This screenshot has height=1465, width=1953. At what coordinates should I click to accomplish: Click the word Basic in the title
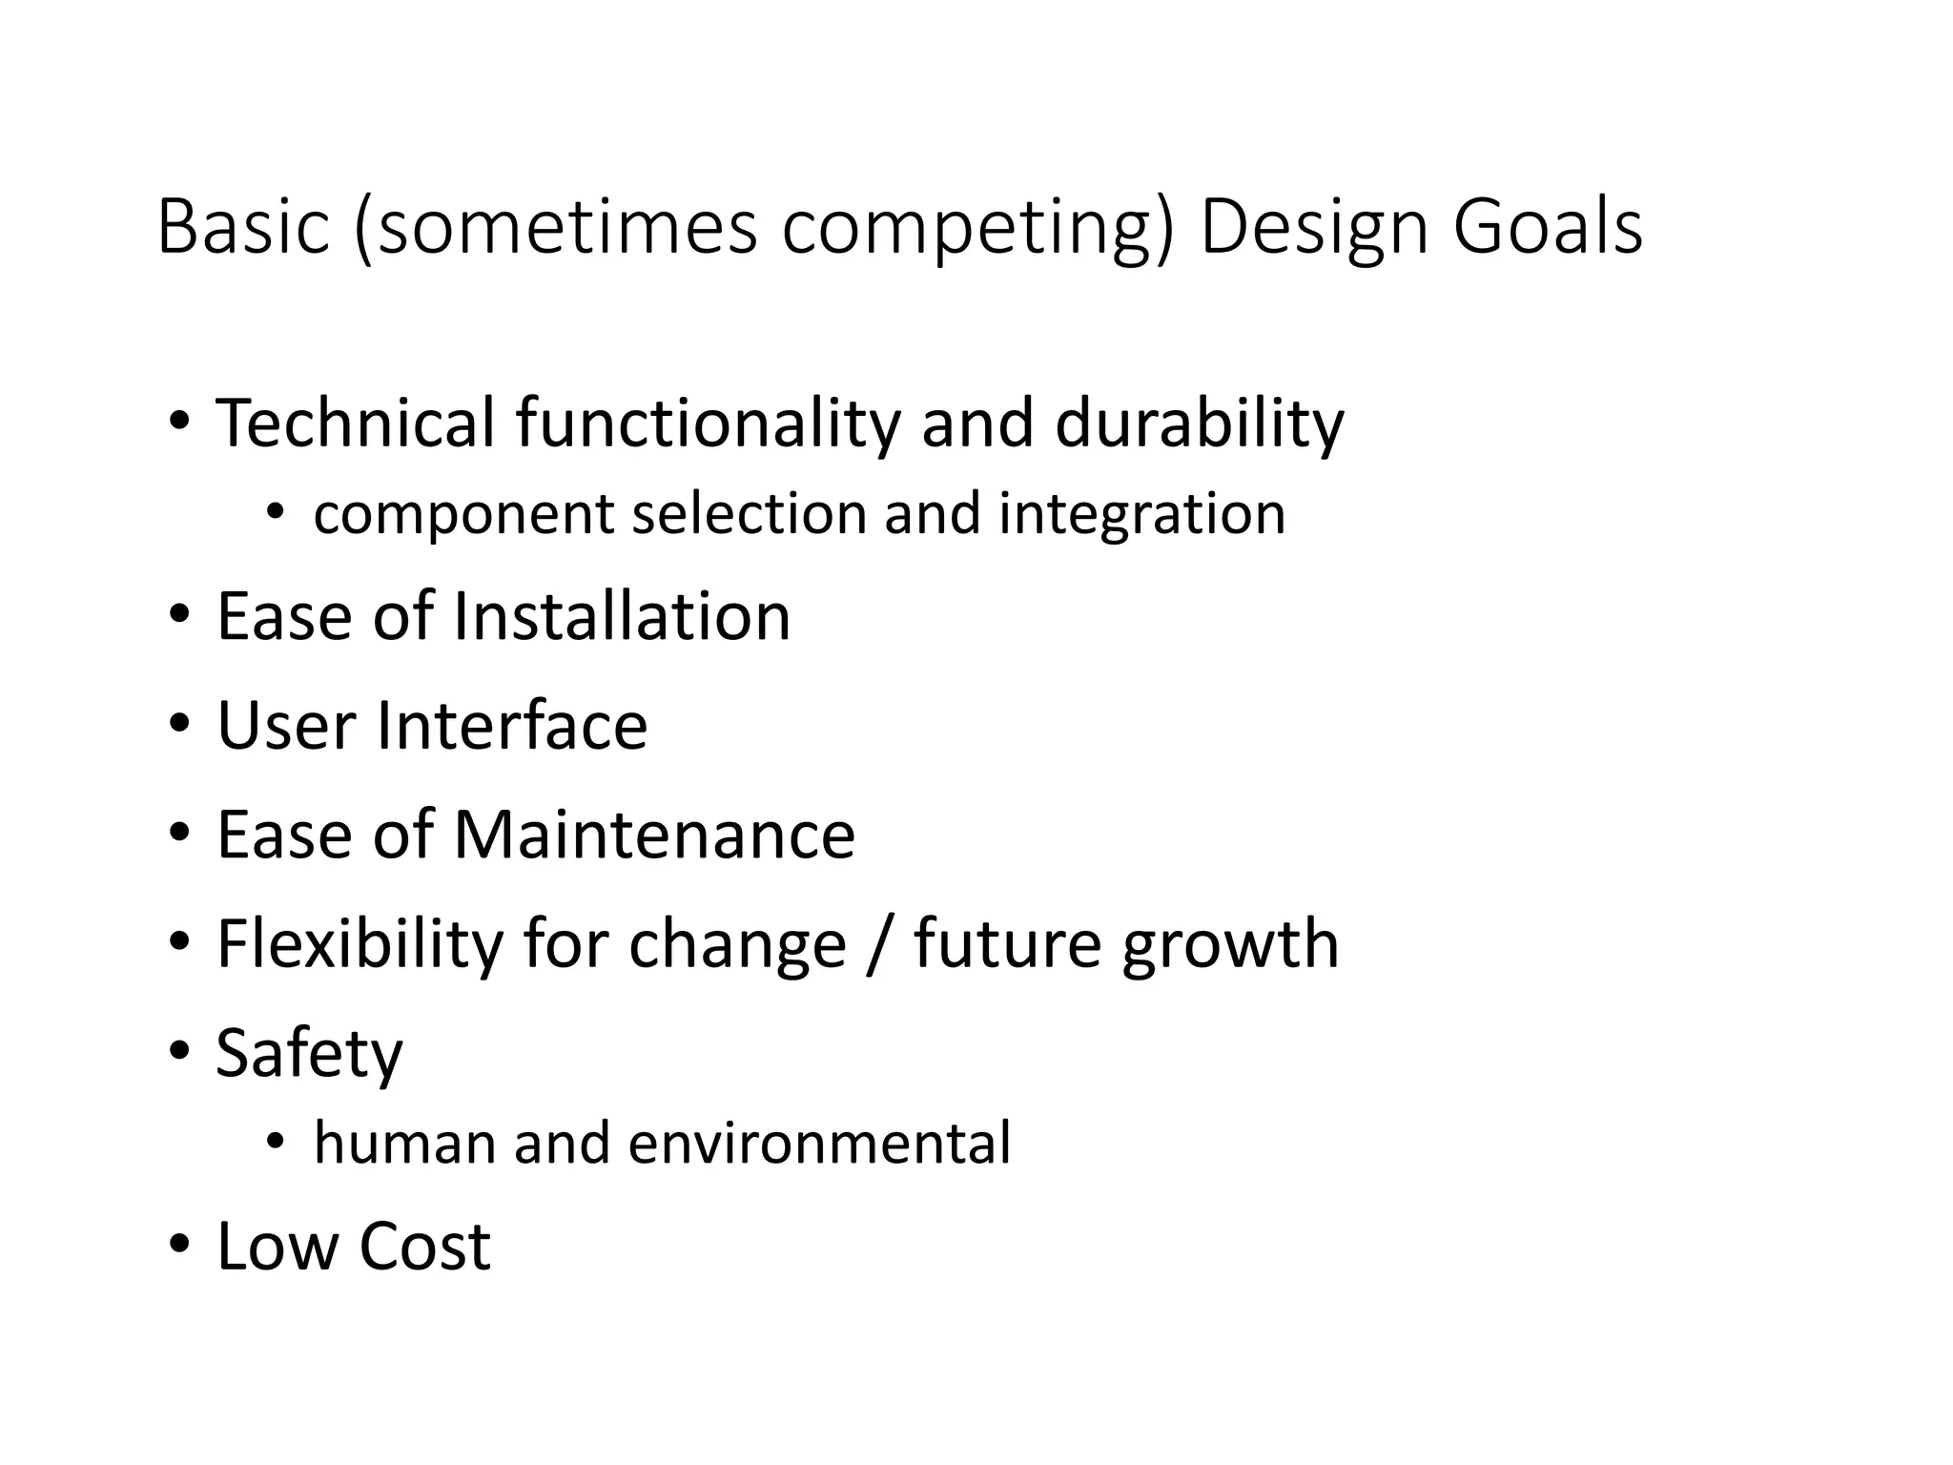(243, 228)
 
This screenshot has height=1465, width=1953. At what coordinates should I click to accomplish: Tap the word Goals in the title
(1547, 228)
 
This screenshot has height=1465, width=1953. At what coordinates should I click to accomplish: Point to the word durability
(1199, 423)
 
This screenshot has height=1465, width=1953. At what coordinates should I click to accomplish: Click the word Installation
(621, 616)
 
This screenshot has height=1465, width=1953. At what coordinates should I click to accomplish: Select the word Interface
(511, 726)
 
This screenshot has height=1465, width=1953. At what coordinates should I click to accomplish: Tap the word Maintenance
(653, 835)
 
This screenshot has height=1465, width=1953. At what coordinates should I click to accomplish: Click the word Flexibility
(360, 944)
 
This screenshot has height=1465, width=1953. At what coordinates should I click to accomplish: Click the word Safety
(309, 1055)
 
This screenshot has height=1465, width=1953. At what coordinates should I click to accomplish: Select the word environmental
(819, 1144)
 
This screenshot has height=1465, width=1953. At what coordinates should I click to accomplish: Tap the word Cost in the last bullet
(424, 1246)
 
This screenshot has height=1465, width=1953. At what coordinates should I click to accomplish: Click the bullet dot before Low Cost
(179, 1246)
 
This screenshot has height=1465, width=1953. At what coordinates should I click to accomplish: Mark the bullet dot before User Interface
(179, 726)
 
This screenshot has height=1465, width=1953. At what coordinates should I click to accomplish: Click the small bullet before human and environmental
(276, 1143)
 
